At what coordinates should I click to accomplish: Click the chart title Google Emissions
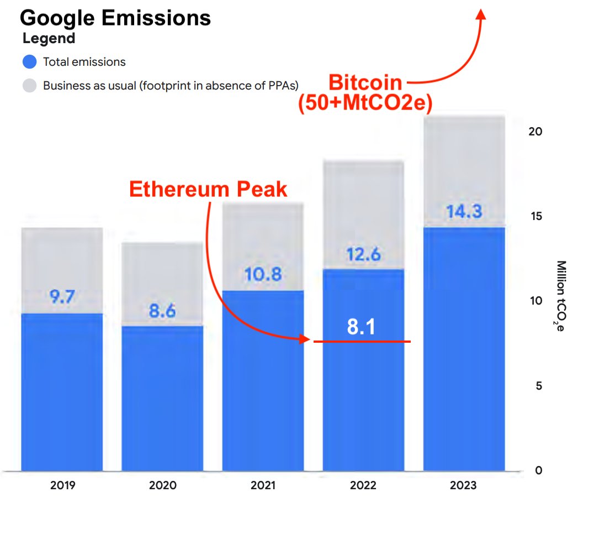point(115,18)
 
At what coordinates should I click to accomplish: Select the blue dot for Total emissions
point(30,62)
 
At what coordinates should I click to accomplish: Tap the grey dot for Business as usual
point(30,86)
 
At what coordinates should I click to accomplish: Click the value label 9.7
point(62,297)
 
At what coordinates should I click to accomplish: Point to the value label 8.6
point(162,311)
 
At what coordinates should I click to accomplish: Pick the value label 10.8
point(263,274)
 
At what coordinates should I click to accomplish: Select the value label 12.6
point(363,254)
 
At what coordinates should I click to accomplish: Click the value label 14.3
point(464,211)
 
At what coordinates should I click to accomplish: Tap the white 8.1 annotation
point(362,327)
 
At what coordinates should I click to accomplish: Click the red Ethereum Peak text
point(208,189)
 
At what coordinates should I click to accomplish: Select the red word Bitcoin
point(365,83)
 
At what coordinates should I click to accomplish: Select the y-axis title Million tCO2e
point(560,296)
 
